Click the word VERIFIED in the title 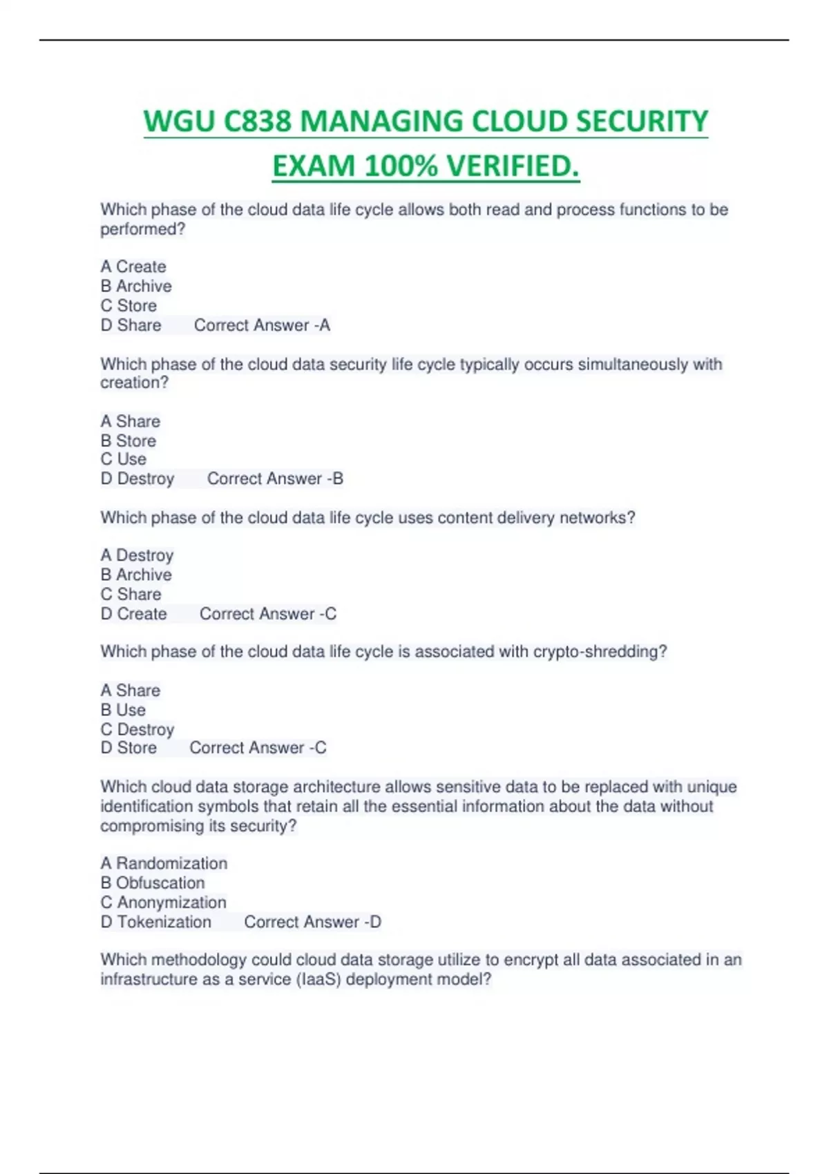[512, 166]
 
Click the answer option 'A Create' [133, 267]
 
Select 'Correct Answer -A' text [262, 325]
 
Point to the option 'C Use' [124, 459]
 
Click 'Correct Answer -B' [275, 479]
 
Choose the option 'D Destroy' [137, 479]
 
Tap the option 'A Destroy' [137, 555]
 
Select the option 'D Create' [134, 614]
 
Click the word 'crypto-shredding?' [600, 652]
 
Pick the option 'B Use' [123, 710]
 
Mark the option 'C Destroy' [137, 729]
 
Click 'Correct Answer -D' [312, 922]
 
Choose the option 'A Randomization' [164, 863]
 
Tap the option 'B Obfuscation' [153, 883]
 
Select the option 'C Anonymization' [164, 903]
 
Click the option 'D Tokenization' [156, 922]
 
